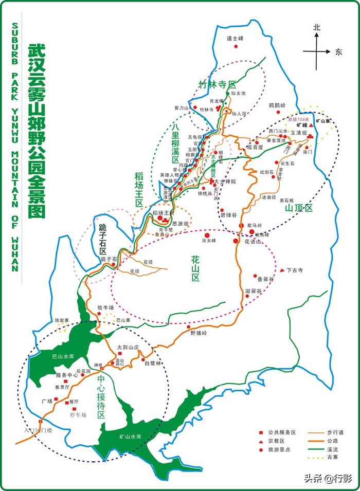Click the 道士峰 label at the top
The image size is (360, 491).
pyautogui.click(x=235, y=38)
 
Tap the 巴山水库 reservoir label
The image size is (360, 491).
pyautogui.click(x=57, y=356)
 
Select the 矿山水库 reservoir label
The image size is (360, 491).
pyautogui.click(x=130, y=437)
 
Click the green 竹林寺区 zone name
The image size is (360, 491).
pyautogui.click(x=217, y=84)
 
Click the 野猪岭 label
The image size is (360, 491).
pyautogui.click(x=198, y=333)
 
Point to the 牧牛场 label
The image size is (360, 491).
pyautogui.click(x=105, y=308)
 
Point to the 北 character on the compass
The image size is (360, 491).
pyautogui.click(x=317, y=28)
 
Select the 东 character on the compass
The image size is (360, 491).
pyautogui.click(x=338, y=52)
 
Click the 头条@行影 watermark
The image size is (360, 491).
pyautogui.click(x=327, y=479)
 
